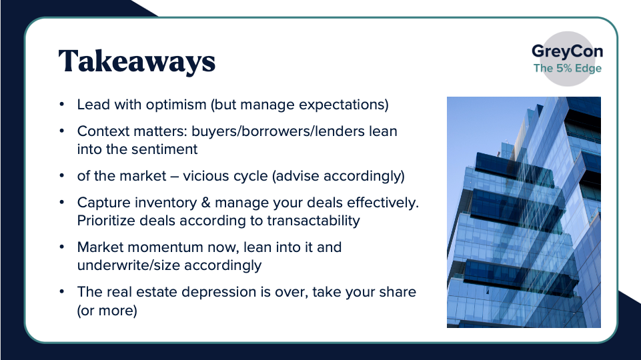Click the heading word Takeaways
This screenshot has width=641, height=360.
tap(137, 61)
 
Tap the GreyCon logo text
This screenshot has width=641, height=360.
tap(567, 51)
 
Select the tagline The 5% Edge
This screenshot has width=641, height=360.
tap(568, 68)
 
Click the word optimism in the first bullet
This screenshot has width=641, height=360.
tap(176, 105)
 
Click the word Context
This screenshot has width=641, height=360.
tap(103, 131)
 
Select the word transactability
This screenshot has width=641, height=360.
tap(313, 221)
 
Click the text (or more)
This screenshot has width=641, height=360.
tap(107, 311)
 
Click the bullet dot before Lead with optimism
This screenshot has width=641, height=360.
tap(62, 105)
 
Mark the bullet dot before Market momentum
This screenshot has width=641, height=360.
tap(62, 247)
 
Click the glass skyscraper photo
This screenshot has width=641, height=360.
tap(524, 212)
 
